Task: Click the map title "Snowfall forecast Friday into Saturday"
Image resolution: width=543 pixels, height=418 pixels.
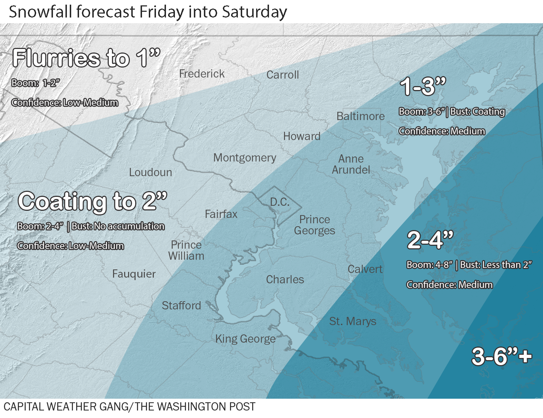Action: [148, 12]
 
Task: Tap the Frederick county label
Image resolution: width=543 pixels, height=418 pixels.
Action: [202, 74]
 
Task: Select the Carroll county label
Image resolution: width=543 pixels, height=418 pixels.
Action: [283, 75]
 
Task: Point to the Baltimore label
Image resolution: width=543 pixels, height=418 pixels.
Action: [361, 116]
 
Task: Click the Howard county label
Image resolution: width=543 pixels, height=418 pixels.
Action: [302, 136]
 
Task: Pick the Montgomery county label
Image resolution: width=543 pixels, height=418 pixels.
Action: [245, 158]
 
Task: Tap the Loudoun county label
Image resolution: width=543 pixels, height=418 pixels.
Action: [151, 172]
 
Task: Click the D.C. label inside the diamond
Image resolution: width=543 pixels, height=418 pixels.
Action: [280, 202]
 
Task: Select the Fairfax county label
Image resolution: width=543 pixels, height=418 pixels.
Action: [221, 214]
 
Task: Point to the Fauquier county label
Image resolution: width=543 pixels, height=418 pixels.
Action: [134, 274]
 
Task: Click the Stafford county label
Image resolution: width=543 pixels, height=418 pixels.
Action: [181, 305]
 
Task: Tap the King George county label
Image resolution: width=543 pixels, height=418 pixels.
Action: [245, 339]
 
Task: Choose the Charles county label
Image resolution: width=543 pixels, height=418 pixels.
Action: [285, 279]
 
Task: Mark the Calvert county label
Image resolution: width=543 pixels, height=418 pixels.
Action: [365, 269]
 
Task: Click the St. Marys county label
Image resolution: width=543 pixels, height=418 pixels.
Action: [353, 321]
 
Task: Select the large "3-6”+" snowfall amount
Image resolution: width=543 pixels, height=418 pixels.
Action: [502, 356]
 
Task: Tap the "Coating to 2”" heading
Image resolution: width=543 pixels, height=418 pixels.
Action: [93, 201]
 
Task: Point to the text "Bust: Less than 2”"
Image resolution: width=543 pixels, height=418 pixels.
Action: [496, 265]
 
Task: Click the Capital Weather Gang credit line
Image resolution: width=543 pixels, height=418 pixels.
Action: [129, 407]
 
